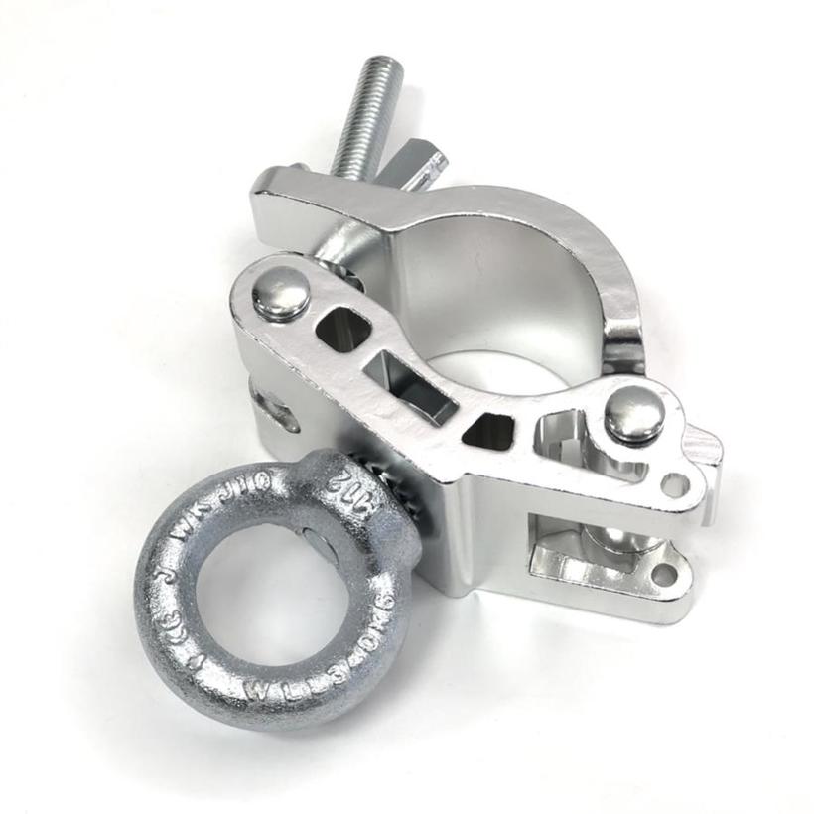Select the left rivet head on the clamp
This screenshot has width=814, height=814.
281,293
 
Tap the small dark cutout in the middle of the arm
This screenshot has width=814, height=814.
488,429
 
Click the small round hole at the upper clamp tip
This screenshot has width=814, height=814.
676,483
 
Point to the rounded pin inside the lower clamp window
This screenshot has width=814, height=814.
608,536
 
